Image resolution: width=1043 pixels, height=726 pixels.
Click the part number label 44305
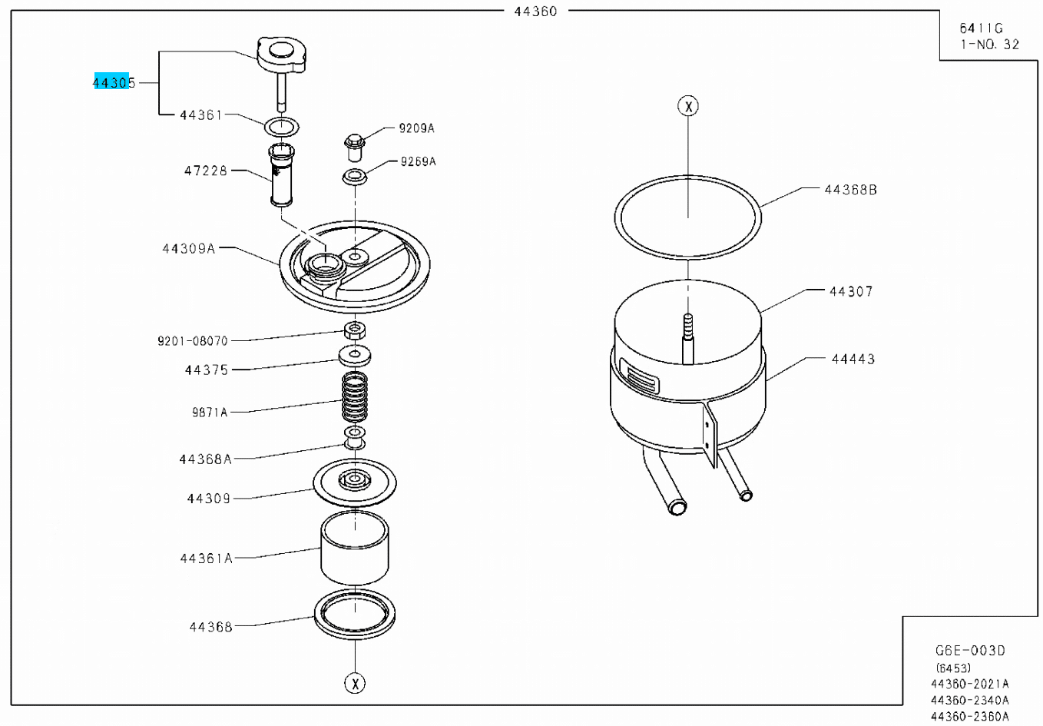click(x=114, y=83)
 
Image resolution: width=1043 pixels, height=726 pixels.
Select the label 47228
click(x=205, y=171)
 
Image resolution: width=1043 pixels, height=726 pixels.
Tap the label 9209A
click(x=417, y=128)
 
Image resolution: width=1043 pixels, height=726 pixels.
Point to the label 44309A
click(x=189, y=249)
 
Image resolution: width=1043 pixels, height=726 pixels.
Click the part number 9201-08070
click(x=193, y=341)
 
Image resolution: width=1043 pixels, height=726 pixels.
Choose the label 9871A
click(x=210, y=412)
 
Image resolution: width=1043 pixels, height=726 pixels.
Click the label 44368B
click(x=851, y=190)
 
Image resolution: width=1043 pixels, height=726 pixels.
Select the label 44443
click(x=853, y=359)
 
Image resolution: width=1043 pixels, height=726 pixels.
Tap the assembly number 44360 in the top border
click(x=535, y=12)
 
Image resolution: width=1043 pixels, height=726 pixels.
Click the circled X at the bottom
click(x=355, y=684)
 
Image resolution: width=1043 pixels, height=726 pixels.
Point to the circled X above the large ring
click(x=688, y=106)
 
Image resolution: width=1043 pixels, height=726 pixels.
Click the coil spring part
click(x=355, y=397)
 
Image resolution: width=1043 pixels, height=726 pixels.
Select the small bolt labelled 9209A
click(x=354, y=147)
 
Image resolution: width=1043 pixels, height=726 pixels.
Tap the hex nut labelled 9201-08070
click(x=355, y=330)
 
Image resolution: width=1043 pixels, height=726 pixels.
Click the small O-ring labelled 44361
click(x=282, y=127)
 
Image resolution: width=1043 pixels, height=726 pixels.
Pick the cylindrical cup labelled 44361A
click(x=355, y=548)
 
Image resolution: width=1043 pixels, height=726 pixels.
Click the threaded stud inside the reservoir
click(x=687, y=339)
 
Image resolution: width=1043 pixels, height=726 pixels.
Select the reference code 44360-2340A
click(x=970, y=700)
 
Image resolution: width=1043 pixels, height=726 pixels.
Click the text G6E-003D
click(x=970, y=651)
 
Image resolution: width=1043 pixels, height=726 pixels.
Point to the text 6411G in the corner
click(x=981, y=28)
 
